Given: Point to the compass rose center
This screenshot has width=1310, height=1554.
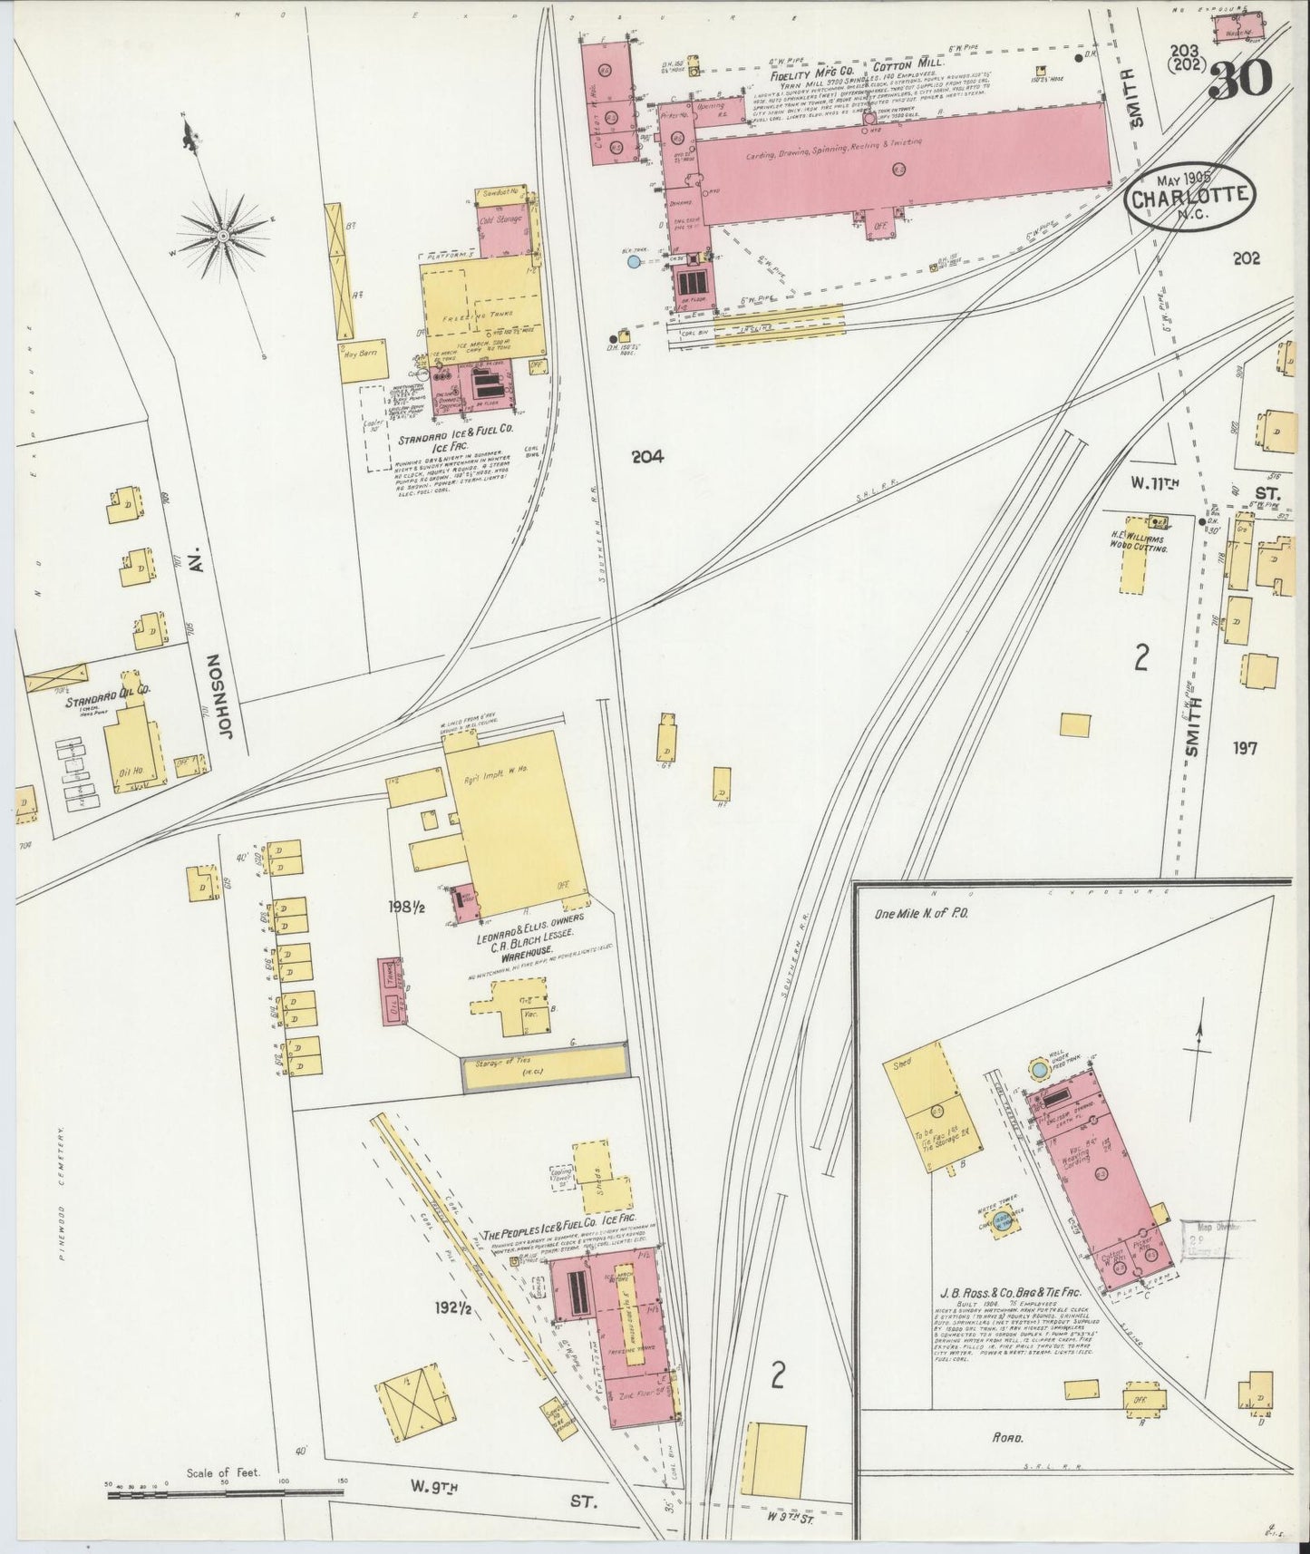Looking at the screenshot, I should click(223, 237).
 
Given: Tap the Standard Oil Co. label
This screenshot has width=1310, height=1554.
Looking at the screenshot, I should click(107, 690).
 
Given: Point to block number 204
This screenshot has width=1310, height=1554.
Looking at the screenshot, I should click(649, 458).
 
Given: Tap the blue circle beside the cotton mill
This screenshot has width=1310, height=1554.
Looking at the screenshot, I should click(633, 262).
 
